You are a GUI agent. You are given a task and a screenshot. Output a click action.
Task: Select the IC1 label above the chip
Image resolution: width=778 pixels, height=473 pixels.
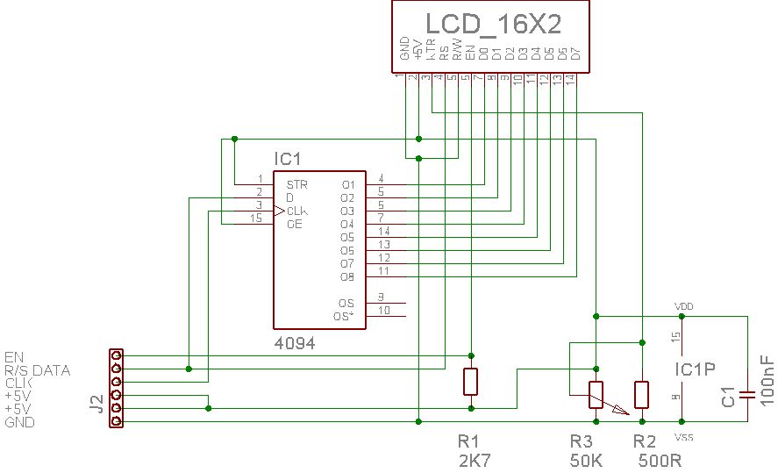[288, 159]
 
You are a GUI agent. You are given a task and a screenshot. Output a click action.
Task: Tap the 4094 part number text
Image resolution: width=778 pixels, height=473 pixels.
[294, 344]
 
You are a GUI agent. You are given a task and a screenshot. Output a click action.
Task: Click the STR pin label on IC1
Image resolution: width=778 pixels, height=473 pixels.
[296, 185]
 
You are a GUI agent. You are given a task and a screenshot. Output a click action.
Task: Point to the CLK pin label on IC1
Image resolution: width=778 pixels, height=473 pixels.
[296, 211]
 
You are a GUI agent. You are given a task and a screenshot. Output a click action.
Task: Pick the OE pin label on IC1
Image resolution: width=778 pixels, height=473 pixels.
[295, 225]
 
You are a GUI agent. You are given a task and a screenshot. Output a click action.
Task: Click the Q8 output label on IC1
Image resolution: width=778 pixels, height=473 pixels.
[347, 277]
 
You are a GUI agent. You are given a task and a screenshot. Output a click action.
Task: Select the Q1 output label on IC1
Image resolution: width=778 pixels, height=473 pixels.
[347, 185]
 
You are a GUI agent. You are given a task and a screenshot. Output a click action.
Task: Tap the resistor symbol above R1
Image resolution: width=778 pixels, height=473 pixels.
[471, 382]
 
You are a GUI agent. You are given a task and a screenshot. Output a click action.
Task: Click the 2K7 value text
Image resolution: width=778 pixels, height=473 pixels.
[474, 459]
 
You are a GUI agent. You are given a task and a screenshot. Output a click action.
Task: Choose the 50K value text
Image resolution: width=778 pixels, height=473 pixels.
[587, 459]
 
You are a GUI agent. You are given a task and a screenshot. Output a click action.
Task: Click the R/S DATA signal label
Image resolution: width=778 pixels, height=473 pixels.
[37, 370]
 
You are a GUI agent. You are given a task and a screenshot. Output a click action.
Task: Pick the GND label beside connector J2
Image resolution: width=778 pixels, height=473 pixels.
[19, 422]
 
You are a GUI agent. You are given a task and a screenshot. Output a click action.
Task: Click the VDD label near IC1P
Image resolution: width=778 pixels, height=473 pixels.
[683, 305]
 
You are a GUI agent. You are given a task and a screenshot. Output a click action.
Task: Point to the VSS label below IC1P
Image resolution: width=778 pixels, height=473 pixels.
[683, 436]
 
